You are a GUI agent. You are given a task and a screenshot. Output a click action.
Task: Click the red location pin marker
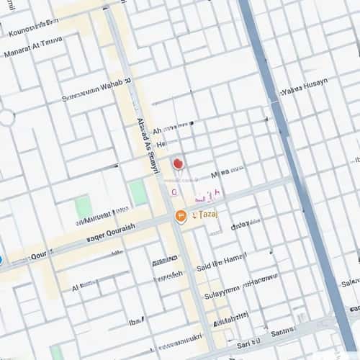tap(178, 164)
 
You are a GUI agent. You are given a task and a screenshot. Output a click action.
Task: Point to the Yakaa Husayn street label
tap(304, 87)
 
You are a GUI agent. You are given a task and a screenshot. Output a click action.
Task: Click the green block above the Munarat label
tap(84, 206)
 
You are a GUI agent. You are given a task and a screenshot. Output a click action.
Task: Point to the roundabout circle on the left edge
tap(6, 117)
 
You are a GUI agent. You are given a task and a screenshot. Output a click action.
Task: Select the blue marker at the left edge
tap(1, 259)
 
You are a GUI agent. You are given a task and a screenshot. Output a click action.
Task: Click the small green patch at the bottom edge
tap(55, 352)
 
